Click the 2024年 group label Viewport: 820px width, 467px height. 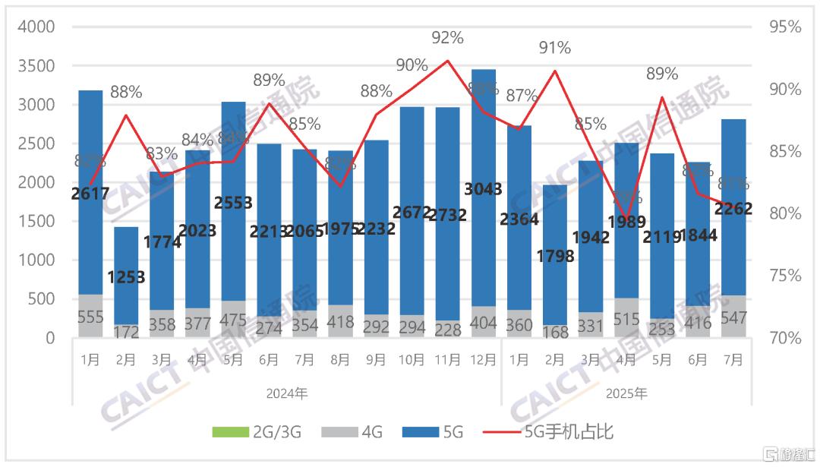[286, 394]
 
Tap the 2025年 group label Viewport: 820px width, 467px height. [626, 394]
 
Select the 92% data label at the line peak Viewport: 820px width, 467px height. [448, 36]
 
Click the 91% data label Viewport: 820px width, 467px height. [555, 48]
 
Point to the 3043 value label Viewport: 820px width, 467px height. [484, 189]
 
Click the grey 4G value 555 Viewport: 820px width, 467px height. [90, 318]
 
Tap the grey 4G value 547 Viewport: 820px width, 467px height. [733, 318]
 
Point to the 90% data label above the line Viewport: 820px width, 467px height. [412, 65]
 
